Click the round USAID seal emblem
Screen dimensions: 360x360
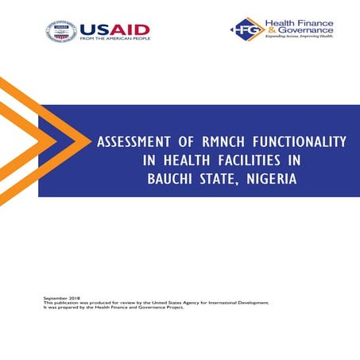[x=61, y=32]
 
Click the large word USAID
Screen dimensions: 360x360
[x=114, y=29]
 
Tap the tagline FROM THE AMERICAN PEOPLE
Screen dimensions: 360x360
[x=114, y=40]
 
